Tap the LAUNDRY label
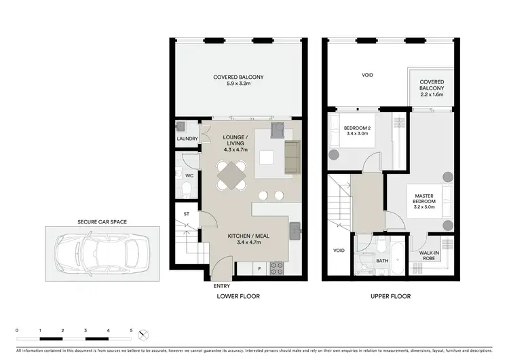coord(187,139)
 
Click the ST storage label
coord(186,215)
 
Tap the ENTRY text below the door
coord(221,286)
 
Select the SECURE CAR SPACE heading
coord(102,221)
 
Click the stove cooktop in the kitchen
coord(277,268)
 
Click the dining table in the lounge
coord(231,175)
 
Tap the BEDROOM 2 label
coord(356,131)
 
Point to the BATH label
coord(382,259)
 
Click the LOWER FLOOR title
coord(238,297)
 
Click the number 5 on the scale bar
coord(131,329)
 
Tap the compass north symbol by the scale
coord(143,334)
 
